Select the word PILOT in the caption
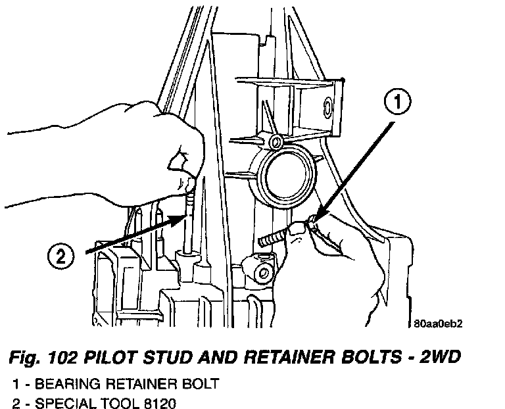pos(123,358)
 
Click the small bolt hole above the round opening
pos(277,142)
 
